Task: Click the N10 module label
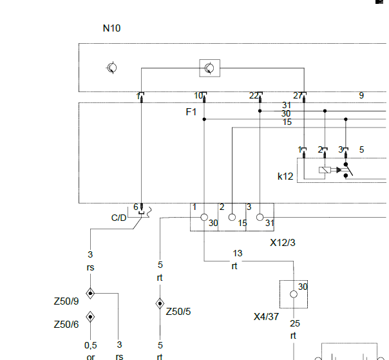(x=111, y=28)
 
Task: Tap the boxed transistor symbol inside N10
(x=209, y=68)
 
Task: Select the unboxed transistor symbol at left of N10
(x=111, y=68)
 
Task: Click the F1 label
(x=191, y=112)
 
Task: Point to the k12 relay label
(x=285, y=176)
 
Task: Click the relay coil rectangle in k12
(x=325, y=170)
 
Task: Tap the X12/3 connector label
(x=283, y=243)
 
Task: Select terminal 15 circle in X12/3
(x=232, y=217)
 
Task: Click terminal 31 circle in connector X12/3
(x=260, y=217)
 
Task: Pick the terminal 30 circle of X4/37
(x=294, y=294)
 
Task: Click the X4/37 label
(x=266, y=317)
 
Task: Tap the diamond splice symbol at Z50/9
(x=90, y=293)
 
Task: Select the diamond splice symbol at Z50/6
(x=90, y=317)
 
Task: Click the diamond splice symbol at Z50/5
(x=160, y=303)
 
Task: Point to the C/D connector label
(x=119, y=218)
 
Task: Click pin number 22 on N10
(x=254, y=96)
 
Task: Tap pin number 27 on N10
(x=298, y=96)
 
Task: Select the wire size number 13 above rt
(x=238, y=253)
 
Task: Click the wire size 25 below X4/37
(x=295, y=323)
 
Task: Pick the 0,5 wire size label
(x=91, y=345)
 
